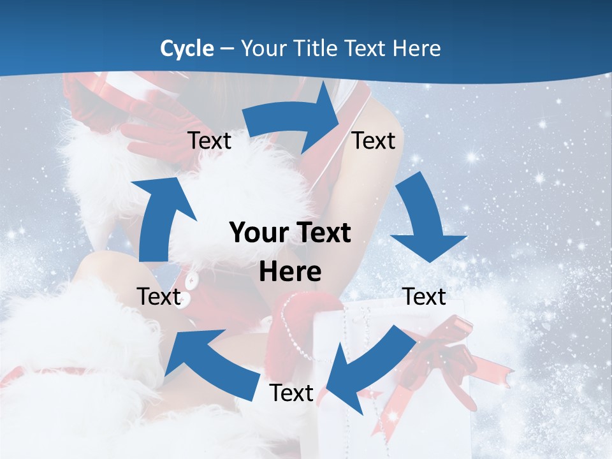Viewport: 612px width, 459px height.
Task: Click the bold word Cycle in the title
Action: pyautogui.click(x=187, y=48)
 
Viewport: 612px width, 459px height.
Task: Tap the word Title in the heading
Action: pyautogui.click(x=318, y=48)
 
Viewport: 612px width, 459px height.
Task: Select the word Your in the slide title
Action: pyautogui.click(x=264, y=48)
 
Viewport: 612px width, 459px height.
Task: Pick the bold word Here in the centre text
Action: pyautogui.click(x=290, y=272)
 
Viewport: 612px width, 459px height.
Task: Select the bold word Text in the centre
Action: pyautogui.click(x=322, y=233)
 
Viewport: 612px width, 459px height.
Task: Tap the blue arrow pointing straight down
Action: pyautogui.click(x=425, y=220)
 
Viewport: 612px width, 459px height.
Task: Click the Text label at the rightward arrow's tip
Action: pyautogui.click(x=374, y=140)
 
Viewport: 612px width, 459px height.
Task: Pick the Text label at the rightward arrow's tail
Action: pyautogui.click(x=210, y=140)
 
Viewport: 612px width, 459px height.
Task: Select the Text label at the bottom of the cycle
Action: pyautogui.click(x=291, y=393)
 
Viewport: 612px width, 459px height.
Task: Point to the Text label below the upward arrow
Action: pyautogui.click(x=159, y=296)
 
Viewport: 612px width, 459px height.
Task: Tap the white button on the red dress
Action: pyautogui.click(x=191, y=279)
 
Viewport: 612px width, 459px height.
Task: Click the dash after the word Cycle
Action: pyautogui.click(x=227, y=48)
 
